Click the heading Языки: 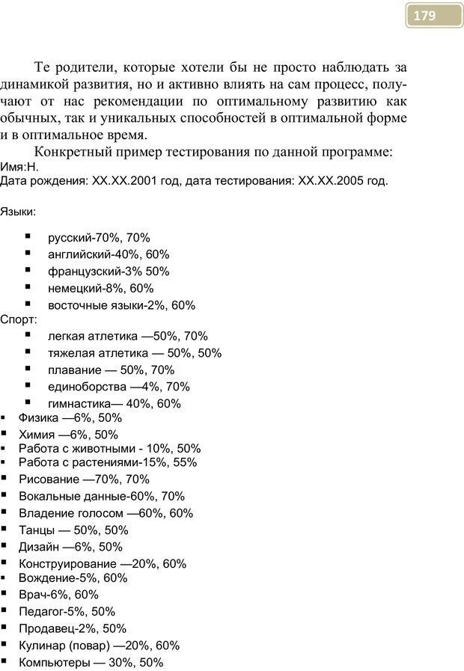coord(18,212)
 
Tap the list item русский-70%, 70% coord(99,238)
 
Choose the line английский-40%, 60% coord(109,254)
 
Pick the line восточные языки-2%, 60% coord(121,305)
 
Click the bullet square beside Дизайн coord(4,546)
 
